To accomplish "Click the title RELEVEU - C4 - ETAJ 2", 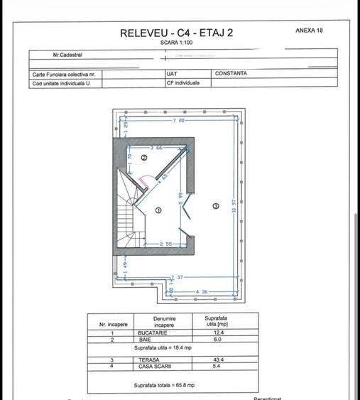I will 176,32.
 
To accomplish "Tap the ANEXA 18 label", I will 309,31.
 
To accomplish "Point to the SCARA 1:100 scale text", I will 176,43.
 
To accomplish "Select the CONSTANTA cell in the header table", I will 231,73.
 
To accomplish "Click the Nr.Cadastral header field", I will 67,55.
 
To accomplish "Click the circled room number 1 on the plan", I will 158,210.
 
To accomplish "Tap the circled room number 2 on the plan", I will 143,158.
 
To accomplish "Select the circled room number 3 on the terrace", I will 216,205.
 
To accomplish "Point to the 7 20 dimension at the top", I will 178,121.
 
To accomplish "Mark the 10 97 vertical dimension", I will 233,212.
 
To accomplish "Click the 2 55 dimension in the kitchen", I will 165,244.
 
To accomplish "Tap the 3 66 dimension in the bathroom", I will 156,147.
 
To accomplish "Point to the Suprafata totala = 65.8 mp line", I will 163,384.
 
